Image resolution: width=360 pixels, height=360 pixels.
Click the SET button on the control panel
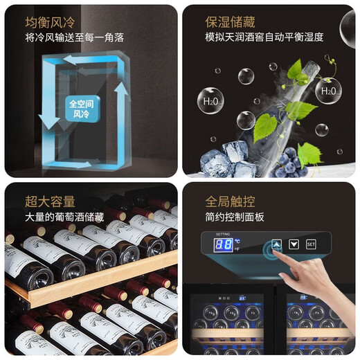(x=311, y=244)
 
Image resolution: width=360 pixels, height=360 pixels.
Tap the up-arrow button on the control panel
(x=277, y=244)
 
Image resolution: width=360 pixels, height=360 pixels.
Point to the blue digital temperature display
(x=222, y=245)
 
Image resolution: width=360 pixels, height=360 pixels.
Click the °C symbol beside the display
(x=237, y=241)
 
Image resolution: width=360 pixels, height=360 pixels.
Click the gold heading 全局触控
(x=230, y=202)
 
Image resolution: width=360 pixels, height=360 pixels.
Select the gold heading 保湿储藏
(x=230, y=21)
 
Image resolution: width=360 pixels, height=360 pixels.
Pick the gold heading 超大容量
(x=49, y=201)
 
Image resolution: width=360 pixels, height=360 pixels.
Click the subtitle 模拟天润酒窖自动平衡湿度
(x=264, y=37)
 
